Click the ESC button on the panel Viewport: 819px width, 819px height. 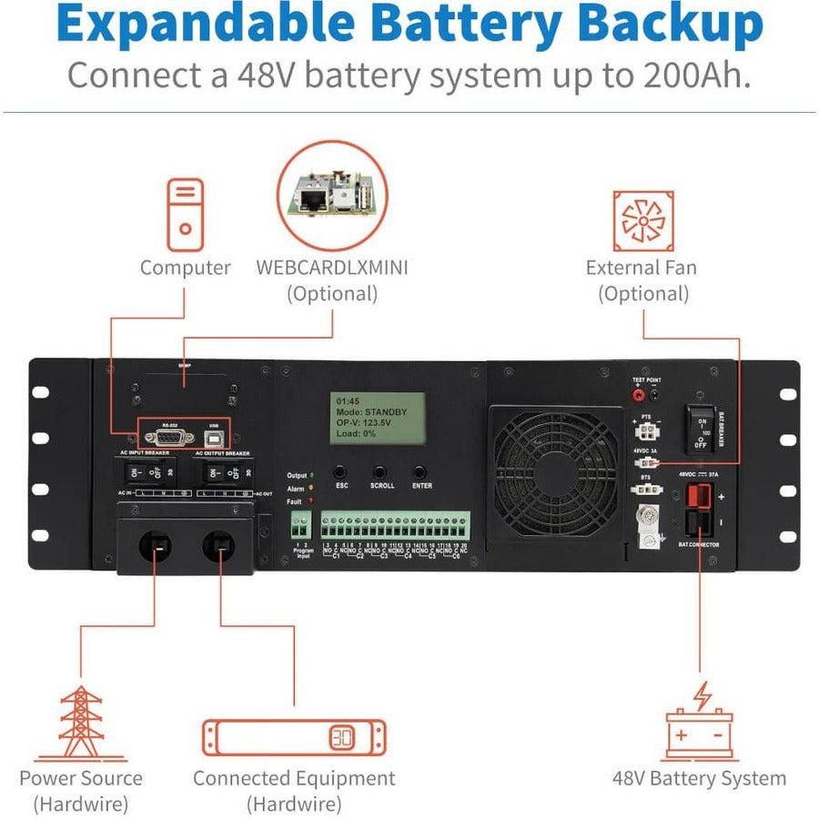coord(339,472)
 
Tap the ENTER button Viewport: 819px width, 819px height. coord(420,472)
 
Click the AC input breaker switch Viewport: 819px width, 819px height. coord(141,473)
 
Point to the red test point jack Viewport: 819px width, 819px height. coord(639,395)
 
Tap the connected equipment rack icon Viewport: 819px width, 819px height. coord(294,737)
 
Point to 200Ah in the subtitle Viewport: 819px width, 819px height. coord(693,75)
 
